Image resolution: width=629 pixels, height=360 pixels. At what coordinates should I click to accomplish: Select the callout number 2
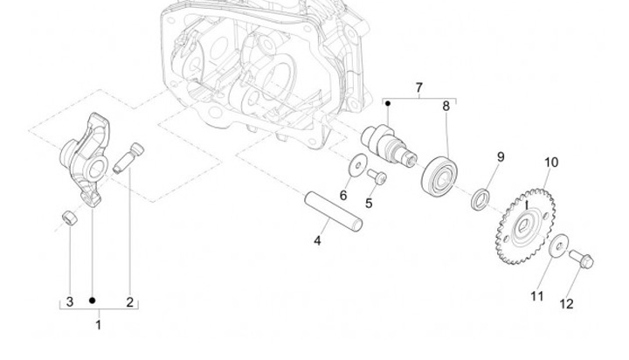coord(129,302)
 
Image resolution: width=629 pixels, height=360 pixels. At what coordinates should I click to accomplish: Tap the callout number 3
coord(67,302)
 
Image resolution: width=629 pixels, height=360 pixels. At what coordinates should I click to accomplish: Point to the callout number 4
coord(318,239)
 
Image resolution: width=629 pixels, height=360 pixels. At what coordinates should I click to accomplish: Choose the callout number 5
coord(369,204)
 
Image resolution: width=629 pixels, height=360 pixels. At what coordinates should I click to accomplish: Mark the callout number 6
coord(343,195)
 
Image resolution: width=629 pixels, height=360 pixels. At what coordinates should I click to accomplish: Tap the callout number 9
coord(501,157)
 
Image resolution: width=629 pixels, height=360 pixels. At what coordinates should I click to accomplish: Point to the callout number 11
coord(536,296)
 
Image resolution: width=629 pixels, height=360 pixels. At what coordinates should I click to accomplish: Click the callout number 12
coord(565,304)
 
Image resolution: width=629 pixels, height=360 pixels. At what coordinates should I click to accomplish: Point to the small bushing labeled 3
coord(68,216)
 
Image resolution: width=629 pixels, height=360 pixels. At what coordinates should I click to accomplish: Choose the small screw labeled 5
coord(377,177)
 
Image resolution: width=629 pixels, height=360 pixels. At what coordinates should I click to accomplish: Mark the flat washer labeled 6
coord(357,163)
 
